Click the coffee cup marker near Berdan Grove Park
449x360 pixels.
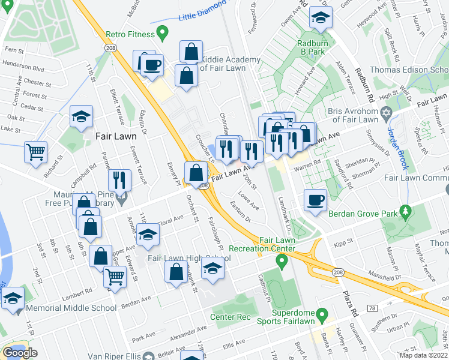[x=315, y=200]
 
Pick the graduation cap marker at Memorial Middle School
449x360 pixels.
[x=13, y=298]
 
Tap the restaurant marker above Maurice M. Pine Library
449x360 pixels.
[x=119, y=179]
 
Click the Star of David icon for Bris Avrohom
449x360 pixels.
[x=387, y=113]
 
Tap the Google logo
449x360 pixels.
[x=20, y=353]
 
